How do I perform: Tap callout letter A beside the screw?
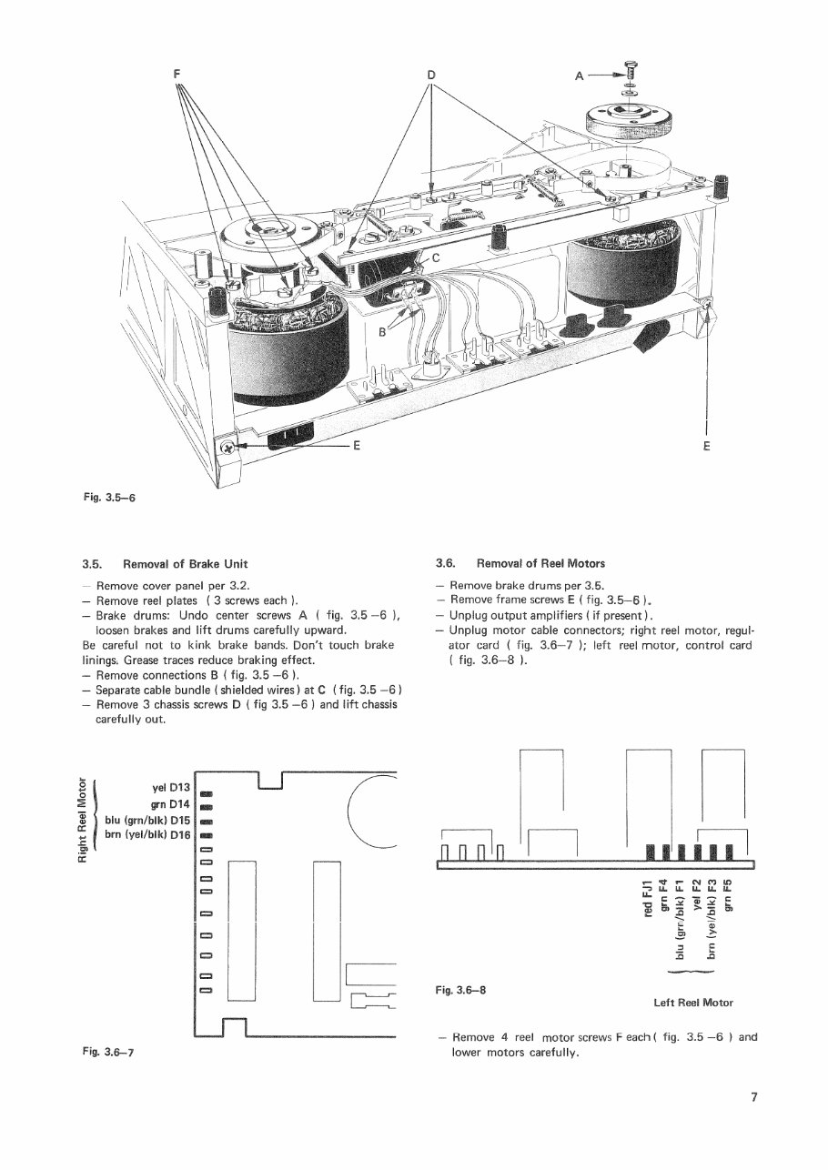pos(580,76)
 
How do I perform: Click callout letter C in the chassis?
pos(436,257)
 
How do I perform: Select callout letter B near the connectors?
pos(382,333)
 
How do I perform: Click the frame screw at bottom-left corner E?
pos(228,446)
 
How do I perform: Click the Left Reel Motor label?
pos(692,1003)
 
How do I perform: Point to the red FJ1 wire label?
pos(648,899)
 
